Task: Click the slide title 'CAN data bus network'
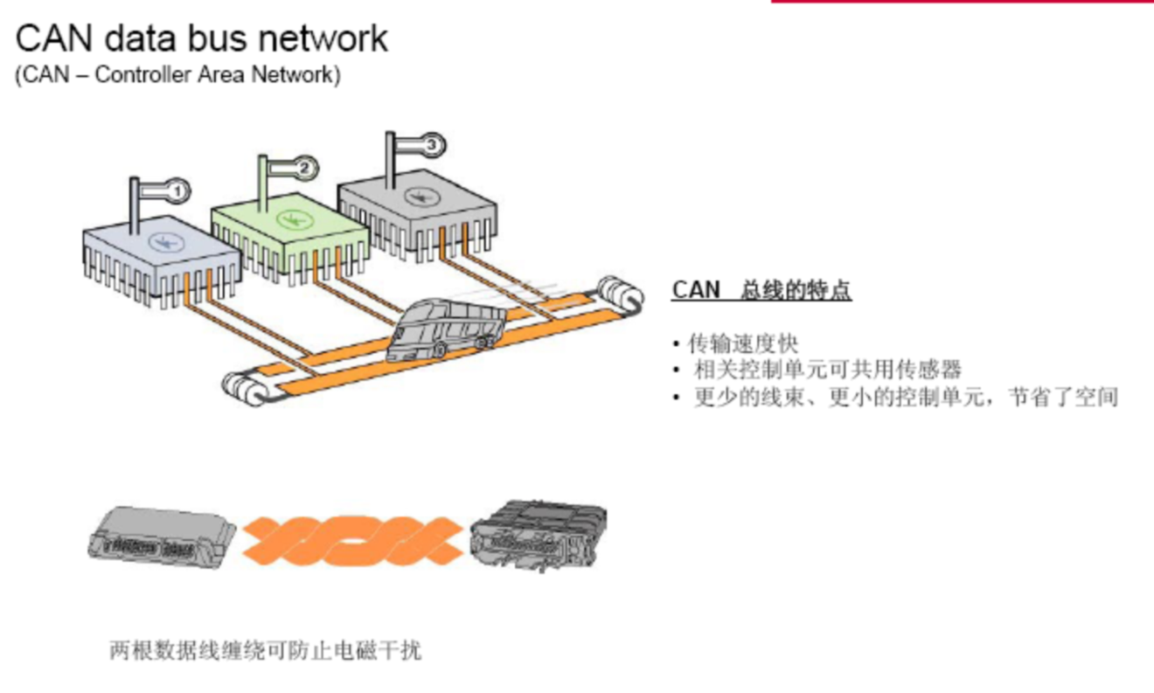click(202, 39)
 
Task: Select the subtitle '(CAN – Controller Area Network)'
click(177, 75)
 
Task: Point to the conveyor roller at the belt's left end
click(241, 388)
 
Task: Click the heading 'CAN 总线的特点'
click(761, 290)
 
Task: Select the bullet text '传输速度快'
click(743, 343)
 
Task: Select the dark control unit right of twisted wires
click(539, 534)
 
